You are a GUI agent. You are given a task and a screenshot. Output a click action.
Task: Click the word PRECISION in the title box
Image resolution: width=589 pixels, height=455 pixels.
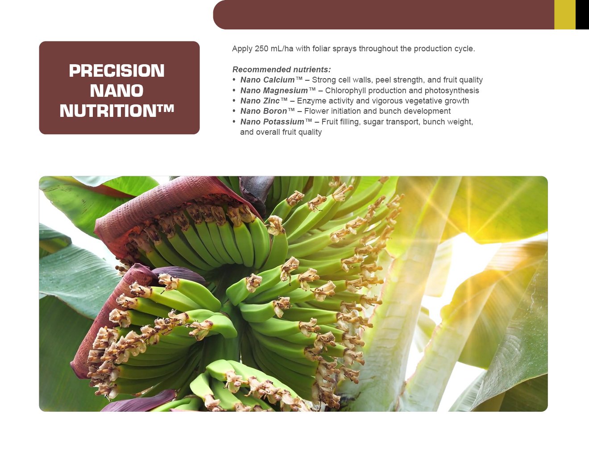(x=116, y=70)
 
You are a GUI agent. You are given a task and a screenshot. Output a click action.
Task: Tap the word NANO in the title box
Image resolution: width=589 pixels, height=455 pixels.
(x=116, y=91)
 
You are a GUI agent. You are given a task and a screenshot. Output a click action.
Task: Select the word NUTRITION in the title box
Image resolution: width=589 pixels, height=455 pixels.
(x=108, y=111)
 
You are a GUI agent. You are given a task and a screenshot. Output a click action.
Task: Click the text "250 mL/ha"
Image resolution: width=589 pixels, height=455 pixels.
(x=274, y=49)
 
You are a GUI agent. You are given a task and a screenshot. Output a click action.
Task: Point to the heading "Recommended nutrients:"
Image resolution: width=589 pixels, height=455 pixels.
(x=282, y=70)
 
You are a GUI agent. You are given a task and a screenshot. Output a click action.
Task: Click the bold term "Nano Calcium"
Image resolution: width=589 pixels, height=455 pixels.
(x=267, y=80)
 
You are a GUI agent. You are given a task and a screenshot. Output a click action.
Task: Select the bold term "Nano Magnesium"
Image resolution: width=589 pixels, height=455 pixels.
(x=274, y=91)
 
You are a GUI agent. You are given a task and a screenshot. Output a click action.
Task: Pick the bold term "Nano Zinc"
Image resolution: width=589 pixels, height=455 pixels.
(x=260, y=101)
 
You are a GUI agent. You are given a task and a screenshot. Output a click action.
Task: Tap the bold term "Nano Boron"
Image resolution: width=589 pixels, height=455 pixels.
(x=263, y=111)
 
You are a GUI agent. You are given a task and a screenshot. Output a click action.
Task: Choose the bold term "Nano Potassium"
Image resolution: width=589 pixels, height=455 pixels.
(x=272, y=122)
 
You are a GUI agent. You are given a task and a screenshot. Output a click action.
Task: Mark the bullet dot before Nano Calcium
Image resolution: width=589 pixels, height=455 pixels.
(x=234, y=80)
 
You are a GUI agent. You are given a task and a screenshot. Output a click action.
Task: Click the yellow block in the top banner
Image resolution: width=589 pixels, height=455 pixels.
(x=565, y=15)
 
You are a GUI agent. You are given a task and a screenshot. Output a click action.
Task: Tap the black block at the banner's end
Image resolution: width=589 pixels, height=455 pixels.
(x=582, y=15)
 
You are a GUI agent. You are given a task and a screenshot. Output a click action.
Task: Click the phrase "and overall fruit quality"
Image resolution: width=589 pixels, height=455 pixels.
(x=281, y=132)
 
